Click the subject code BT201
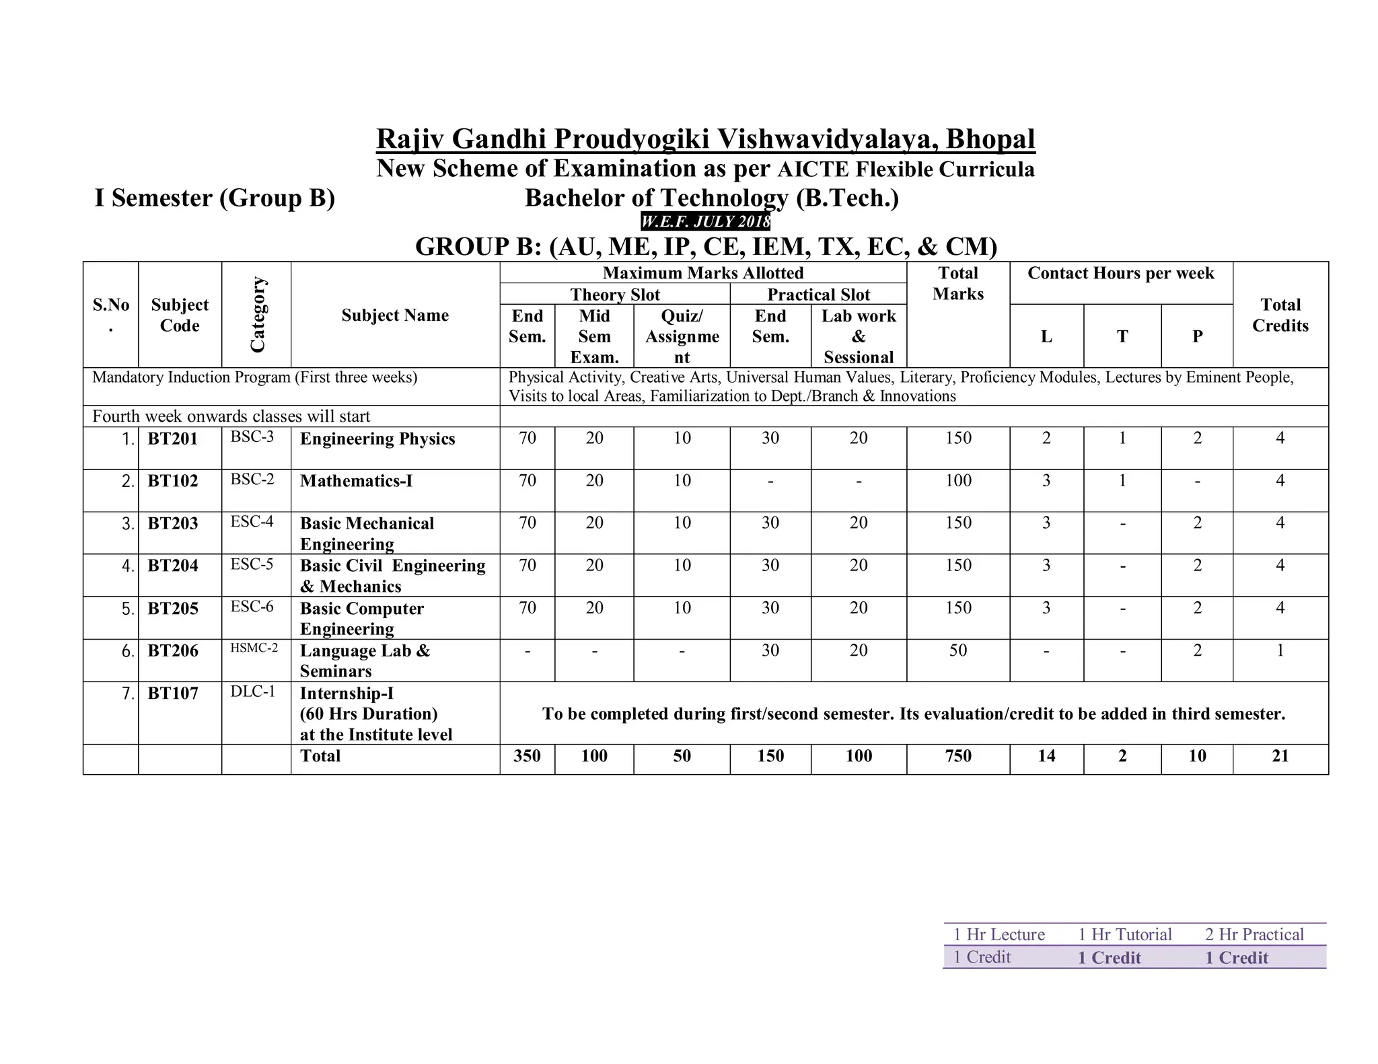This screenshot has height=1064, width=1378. (x=172, y=439)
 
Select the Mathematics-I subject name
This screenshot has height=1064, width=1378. (x=356, y=481)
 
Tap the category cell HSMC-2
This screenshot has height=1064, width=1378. (x=254, y=648)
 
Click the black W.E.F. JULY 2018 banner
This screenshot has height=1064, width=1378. (x=704, y=221)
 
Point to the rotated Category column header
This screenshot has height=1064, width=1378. (x=257, y=314)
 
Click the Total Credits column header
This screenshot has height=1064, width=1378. (x=1280, y=315)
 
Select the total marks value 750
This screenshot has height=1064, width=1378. (x=957, y=756)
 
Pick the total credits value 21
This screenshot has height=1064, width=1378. (x=1280, y=756)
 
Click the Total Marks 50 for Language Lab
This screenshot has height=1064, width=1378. (x=957, y=650)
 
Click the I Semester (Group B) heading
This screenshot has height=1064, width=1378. (x=215, y=198)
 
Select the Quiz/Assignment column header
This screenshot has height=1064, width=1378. (x=682, y=336)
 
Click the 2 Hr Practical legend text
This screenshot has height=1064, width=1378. (x=1254, y=934)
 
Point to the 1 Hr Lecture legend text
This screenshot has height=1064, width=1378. (x=999, y=934)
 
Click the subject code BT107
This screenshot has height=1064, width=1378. (x=172, y=693)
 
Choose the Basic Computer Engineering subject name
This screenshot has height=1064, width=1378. (x=361, y=618)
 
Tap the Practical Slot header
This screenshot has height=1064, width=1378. (x=818, y=295)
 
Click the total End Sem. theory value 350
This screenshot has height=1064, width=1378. (x=527, y=756)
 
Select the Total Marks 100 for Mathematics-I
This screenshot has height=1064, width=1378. (x=957, y=481)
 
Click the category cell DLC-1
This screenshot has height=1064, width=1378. (x=253, y=691)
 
